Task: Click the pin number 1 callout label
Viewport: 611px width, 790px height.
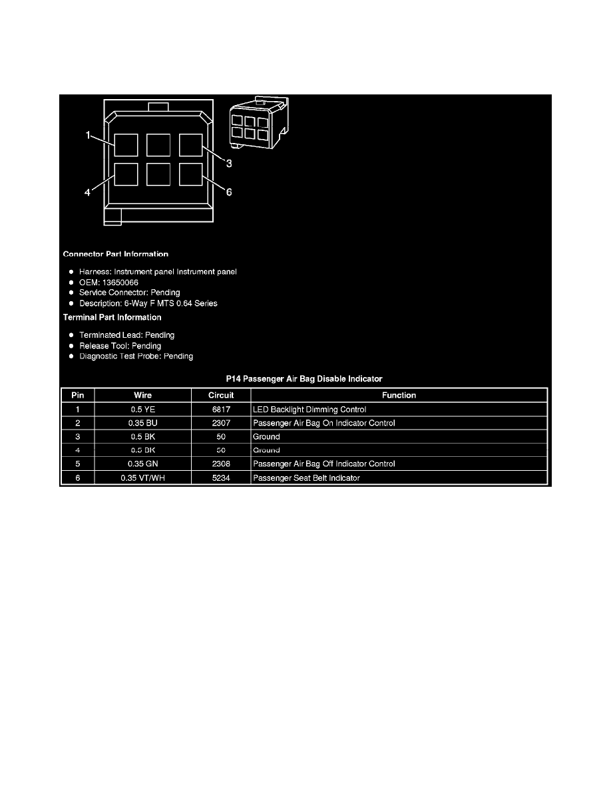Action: click(x=88, y=135)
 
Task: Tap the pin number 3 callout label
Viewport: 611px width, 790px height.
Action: click(x=228, y=163)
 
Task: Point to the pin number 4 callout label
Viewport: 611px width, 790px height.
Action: click(x=87, y=193)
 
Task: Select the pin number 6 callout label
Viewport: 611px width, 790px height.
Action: click(x=228, y=192)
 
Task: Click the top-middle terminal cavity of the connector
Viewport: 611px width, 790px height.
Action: click(x=159, y=145)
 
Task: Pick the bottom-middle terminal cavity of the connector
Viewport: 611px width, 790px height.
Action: click(x=159, y=174)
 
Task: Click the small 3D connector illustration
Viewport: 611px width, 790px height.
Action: click(x=258, y=122)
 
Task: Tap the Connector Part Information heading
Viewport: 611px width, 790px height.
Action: click(x=115, y=254)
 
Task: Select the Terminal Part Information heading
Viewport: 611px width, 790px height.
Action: click(x=112, y=317)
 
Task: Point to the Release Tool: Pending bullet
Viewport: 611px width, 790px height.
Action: click(x=120, y=346)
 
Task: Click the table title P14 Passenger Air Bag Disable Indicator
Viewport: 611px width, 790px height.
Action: click(x=304, y=378)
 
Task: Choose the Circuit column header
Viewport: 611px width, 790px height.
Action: click(x=220, y=395)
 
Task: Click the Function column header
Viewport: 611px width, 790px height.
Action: click(x=399, y=395)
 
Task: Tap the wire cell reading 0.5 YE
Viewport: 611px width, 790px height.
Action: click(x=142, y=410)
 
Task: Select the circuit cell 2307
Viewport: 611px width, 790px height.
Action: click(x=220, y=423)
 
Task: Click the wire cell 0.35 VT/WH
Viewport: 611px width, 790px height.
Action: click(x=142, y=477)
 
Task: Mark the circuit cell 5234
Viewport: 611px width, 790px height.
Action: click(x=220, y=477)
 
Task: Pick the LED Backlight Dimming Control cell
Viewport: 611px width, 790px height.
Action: click(x=309, y=410)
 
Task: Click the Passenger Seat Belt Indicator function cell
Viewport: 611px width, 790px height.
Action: click(x=306, y=477)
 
